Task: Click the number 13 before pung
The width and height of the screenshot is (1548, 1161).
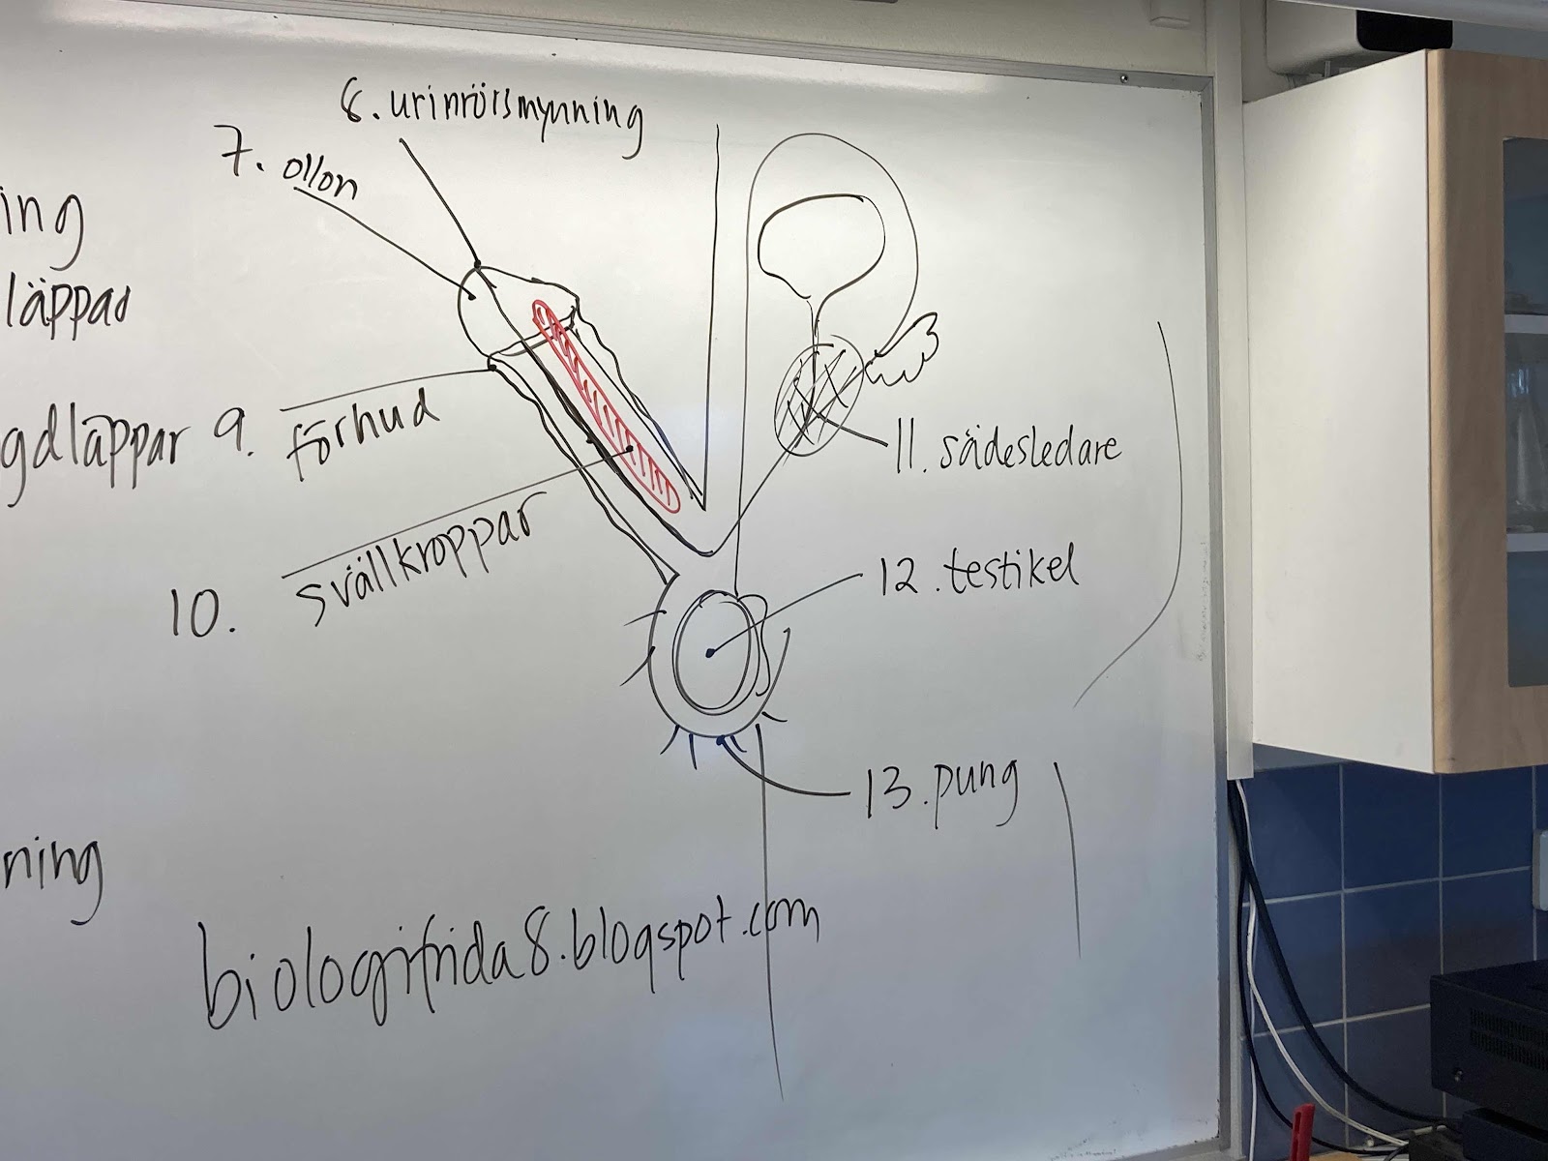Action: tap(882, 793)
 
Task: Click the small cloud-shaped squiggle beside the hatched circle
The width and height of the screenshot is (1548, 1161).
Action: tap(906, 349)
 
